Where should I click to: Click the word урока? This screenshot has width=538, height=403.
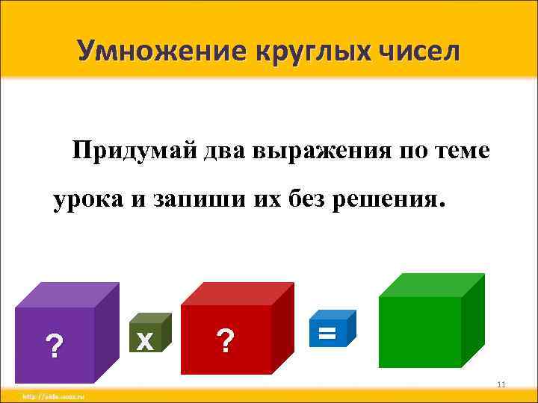(x=84, y=200)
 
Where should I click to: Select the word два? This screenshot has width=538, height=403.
(x=226, y=152)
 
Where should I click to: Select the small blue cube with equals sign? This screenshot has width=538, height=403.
(x=327, y=333)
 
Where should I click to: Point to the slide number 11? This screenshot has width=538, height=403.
(x=501, y=384)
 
